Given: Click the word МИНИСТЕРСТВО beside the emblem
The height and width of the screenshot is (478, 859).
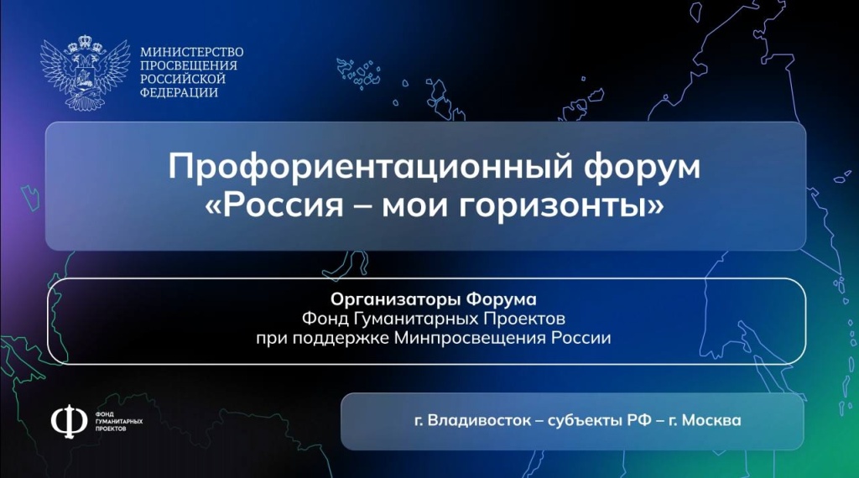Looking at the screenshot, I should pyautogui.click(x=192, y=52).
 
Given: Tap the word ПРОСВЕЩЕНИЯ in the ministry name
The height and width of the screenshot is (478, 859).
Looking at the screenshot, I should pyautogui.click(x=189, y=65).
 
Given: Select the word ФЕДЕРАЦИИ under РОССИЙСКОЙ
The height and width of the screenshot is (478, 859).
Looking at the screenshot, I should pyautogui.click(x=180, y=92).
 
